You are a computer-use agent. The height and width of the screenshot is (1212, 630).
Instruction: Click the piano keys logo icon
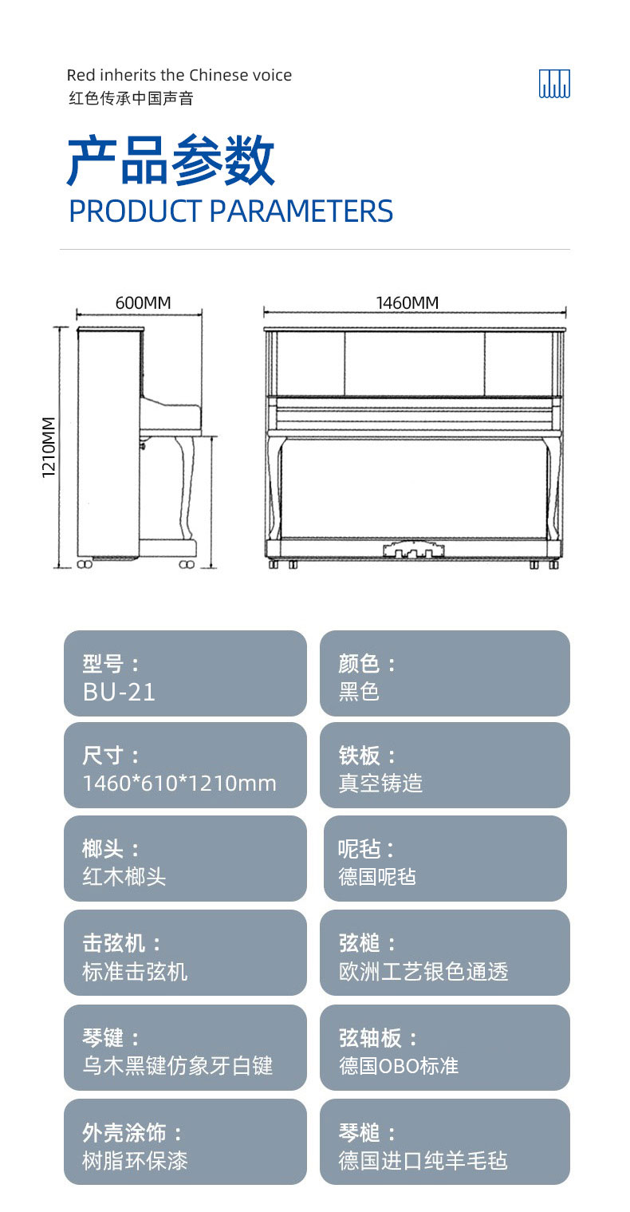pos(554,83)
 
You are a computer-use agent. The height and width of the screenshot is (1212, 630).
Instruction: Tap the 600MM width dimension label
pos(144,302)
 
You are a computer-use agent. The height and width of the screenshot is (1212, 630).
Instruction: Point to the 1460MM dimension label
pos(408,302)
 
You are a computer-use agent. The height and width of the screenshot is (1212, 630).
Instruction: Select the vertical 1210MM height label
pos(49,447)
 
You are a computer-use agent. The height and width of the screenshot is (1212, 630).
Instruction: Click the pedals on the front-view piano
pos(414,550)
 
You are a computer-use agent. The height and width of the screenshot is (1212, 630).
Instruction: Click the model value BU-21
pos(119,692)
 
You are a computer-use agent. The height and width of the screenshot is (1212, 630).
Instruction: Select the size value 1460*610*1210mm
pos(179,784)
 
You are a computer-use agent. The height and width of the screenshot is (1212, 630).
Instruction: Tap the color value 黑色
pos(359,692)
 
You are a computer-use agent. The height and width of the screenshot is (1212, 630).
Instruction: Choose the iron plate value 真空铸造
pos(380,783)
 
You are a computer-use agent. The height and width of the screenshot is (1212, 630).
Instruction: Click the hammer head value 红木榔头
pos(124,877)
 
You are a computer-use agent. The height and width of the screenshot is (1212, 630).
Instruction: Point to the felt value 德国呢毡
pos(377,877)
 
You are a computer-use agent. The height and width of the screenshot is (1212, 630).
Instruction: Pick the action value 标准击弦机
pos(136,971)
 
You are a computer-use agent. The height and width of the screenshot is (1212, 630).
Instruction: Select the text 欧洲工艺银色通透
pos(423,971)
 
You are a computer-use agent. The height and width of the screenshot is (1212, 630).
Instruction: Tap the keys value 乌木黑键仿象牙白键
pos(178,1066)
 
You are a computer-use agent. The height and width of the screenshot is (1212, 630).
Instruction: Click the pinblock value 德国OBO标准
pos(399,1066)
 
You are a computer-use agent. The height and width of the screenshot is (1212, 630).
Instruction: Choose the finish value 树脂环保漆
pos(136,1160)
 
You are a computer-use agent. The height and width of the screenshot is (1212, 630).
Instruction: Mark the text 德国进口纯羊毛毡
pos(423,1160)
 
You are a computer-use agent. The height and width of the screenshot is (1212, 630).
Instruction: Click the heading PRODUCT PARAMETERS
pos(231,211)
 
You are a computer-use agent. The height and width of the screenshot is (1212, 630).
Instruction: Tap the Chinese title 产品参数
pos(171,160)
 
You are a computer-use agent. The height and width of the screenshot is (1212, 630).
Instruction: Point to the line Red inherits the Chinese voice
pos(179,75)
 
